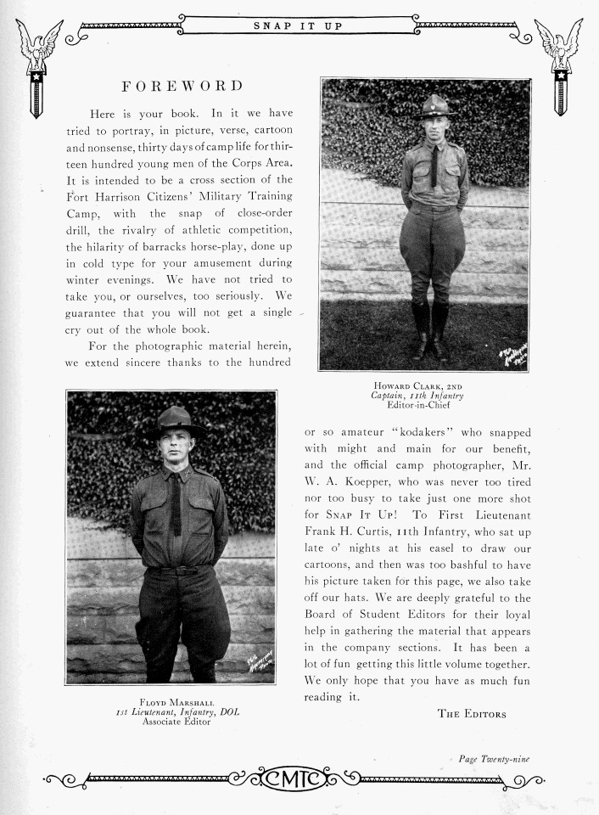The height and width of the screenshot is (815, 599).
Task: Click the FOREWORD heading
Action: (x=182, y=86)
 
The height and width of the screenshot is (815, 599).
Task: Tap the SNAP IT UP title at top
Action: (x=298, y=26)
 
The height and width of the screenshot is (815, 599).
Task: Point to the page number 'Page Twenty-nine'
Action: (x=494, y=758)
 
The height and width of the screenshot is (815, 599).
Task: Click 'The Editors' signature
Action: (x=472, y=713)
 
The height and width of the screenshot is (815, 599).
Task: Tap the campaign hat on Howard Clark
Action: (x=436, y=106)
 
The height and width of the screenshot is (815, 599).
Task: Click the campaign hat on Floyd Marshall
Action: (x=175, y=419)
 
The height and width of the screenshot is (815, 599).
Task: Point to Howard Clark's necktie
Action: (x=434, y=165)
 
